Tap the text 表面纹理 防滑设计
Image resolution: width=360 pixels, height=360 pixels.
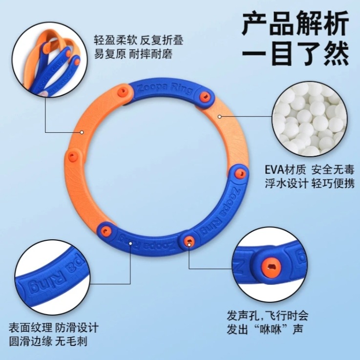pyautogui.click(x=53, y=327)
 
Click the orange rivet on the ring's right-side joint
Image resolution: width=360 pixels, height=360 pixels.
pyautogui.click(x=239, y=174)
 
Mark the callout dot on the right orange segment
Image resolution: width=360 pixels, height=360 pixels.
pyautogui.click(x=221, y=117)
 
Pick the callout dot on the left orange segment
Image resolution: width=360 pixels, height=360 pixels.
pyautogui.click(x=83, y=132)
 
